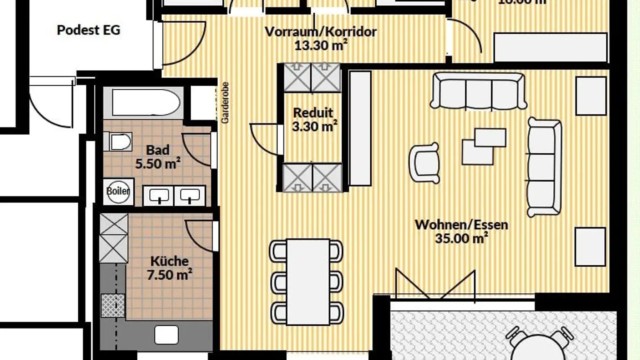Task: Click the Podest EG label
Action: (88, 30)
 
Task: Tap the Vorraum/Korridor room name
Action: (320, 32)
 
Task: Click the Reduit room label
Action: (313, 113)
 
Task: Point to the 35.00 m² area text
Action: (461, 238)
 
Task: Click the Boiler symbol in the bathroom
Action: (118, 192)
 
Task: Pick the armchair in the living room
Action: (424, 163)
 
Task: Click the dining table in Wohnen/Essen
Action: (308, 281)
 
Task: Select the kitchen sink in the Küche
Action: (166, 335)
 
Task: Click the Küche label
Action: (169, 261)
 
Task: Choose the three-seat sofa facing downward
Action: (479, 91)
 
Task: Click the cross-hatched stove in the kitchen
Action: (113, 305)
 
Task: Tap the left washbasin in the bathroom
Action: (159, 196)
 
